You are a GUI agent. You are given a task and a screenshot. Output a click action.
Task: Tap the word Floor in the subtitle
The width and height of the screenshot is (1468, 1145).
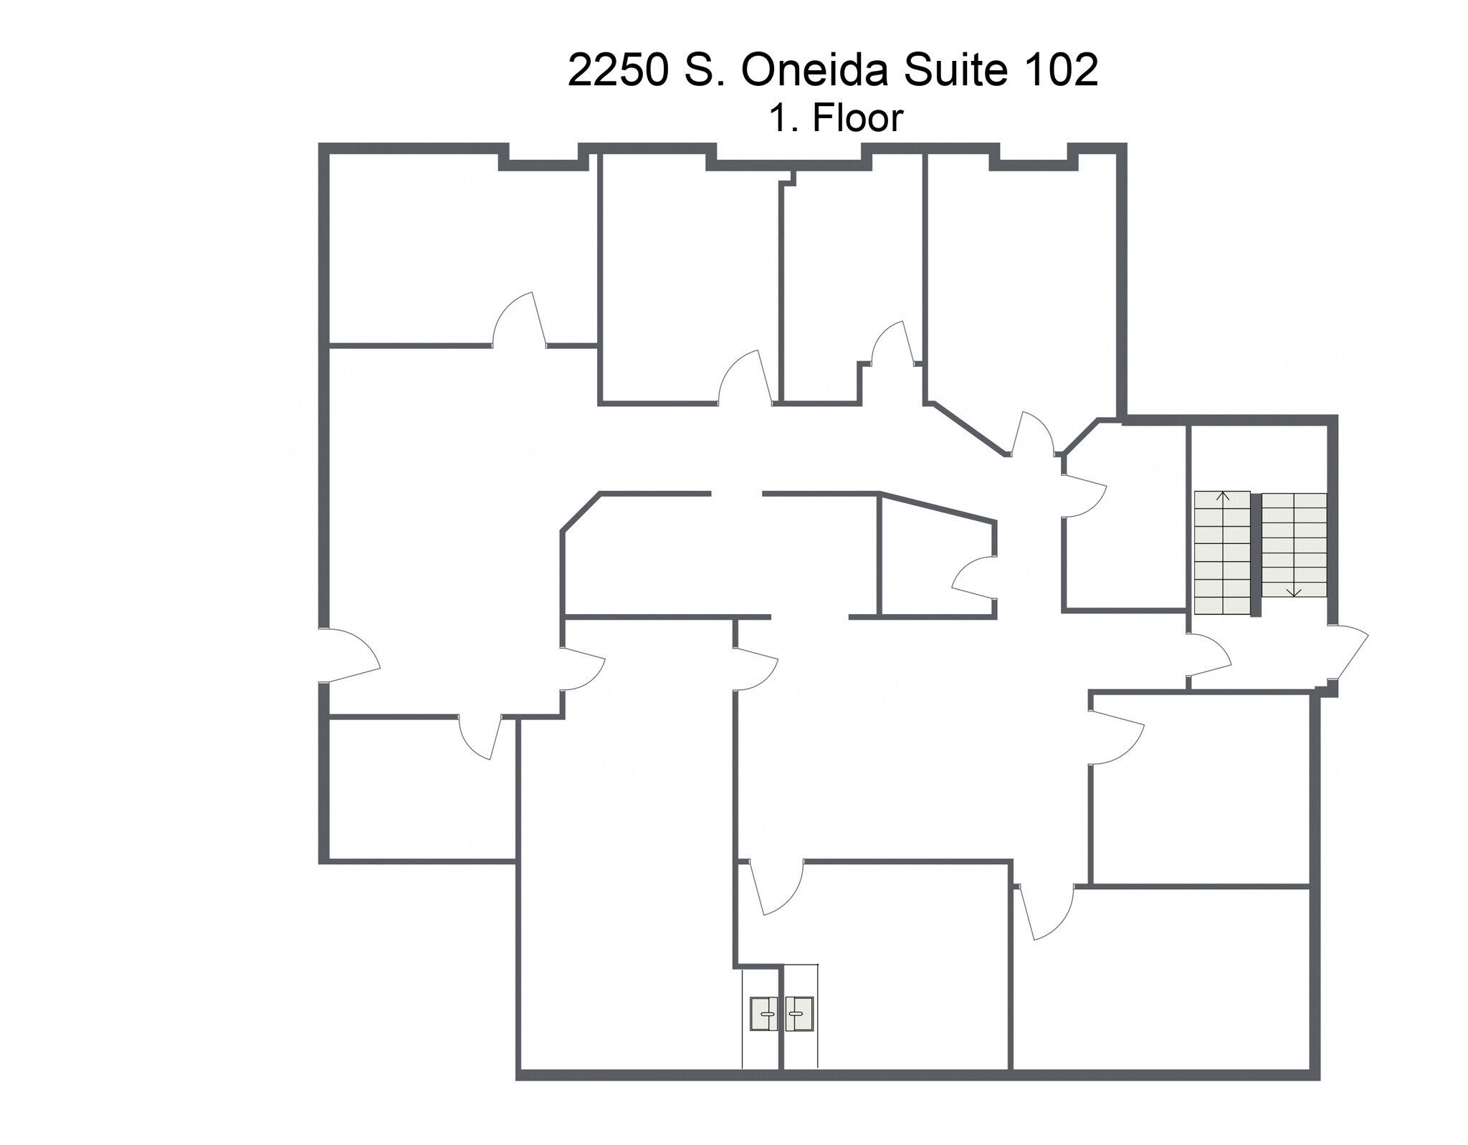[x=857, y=118]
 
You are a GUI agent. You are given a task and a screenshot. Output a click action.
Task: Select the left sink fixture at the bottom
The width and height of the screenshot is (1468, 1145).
[x=764, y=1014]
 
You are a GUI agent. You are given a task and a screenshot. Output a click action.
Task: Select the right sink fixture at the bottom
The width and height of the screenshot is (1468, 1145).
[x=799, y=1014]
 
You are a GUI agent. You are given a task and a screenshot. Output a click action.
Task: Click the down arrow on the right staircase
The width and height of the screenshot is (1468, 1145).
[x=1294, y=591]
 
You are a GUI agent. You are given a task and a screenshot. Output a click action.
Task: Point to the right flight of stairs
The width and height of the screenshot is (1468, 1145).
[x=1294, y=545]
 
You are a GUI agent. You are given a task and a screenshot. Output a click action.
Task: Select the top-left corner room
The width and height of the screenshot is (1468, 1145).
[x=459, y=251]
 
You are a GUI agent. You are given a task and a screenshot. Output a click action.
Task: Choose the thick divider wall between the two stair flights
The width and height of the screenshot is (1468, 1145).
[x=1256, y=553]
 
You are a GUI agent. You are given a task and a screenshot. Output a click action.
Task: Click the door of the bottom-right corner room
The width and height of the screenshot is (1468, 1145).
[x=1047, y=914]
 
